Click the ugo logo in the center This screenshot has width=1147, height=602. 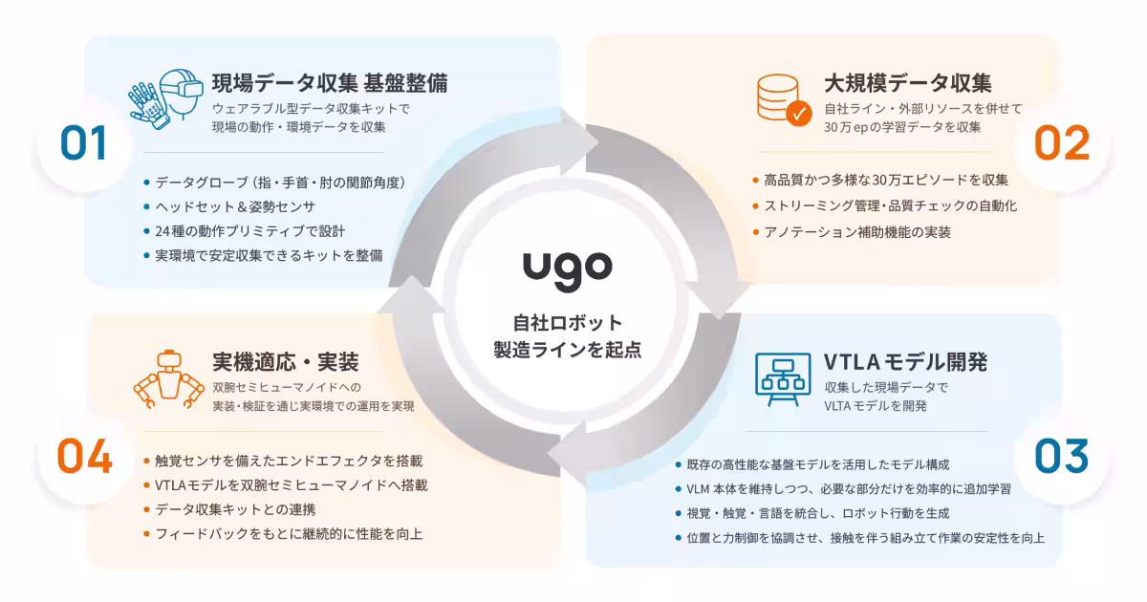pos(568,271)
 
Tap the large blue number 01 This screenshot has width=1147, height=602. pos(83,142)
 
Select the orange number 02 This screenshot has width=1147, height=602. pos(1062,142)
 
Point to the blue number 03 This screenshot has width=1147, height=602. pos(1062,456)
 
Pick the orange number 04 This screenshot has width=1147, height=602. pos(84,456)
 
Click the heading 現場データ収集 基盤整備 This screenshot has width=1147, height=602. pos(330,83)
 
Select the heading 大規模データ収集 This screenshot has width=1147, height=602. pos(908,83)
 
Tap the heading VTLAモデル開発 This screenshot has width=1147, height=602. pos(905,362)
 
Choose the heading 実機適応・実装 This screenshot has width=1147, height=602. pos(286,362)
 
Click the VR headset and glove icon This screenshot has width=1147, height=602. pos(166,98)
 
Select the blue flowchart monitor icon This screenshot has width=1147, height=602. pos(783,379)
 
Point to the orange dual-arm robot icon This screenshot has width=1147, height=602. pos(168,379)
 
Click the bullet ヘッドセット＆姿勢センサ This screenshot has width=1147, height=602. pos(235,206)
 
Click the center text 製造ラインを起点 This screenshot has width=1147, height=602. pos(568,350)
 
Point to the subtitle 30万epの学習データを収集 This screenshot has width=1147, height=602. pos(902,127)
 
